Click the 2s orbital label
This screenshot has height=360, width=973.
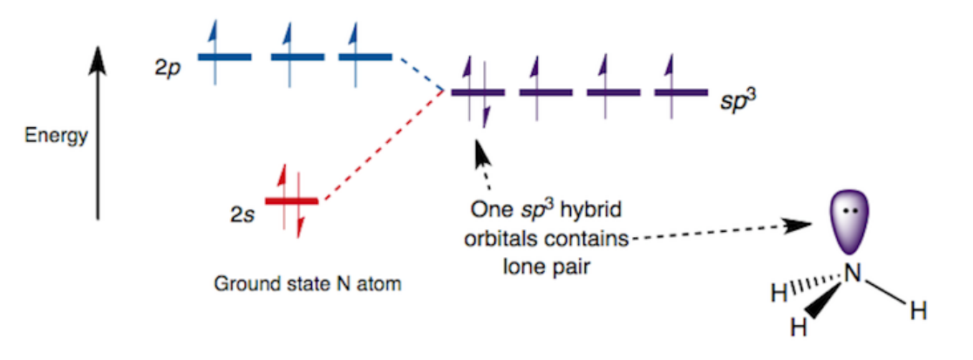click(x=241, y=211)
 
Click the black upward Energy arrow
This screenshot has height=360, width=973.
click(x=98, y=131)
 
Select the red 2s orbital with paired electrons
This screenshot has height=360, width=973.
click(x=292, y=201)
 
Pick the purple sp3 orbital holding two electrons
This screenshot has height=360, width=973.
click(x=477, y=91)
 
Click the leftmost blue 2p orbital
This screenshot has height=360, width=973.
click(x=224, y=57)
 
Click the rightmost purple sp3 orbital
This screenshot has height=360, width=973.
click(x=681, y=91)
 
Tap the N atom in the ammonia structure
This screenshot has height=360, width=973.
click(x=853, y=274)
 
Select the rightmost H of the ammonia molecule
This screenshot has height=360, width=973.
click(x=918, y=310)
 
